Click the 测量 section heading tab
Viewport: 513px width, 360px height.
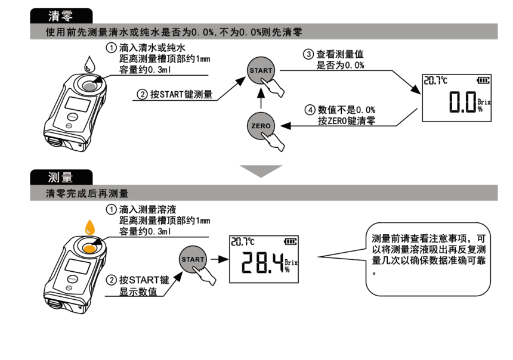[62, 178]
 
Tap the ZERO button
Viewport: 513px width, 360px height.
[261, 126]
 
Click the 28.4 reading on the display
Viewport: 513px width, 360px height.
[259, 263]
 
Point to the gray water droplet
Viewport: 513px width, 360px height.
[89, 63]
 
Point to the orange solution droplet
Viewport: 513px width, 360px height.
[90, 227]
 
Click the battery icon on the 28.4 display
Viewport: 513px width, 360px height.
[290, 241]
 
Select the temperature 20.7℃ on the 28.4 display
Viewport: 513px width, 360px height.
[242, 241]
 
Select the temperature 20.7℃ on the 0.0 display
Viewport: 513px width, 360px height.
[435, 80]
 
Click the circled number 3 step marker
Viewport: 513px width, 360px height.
[308, 54]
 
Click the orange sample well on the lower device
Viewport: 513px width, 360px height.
[91, 248]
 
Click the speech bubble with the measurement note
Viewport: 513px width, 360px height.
[429, 256]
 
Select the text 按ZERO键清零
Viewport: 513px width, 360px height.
[347, 120]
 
